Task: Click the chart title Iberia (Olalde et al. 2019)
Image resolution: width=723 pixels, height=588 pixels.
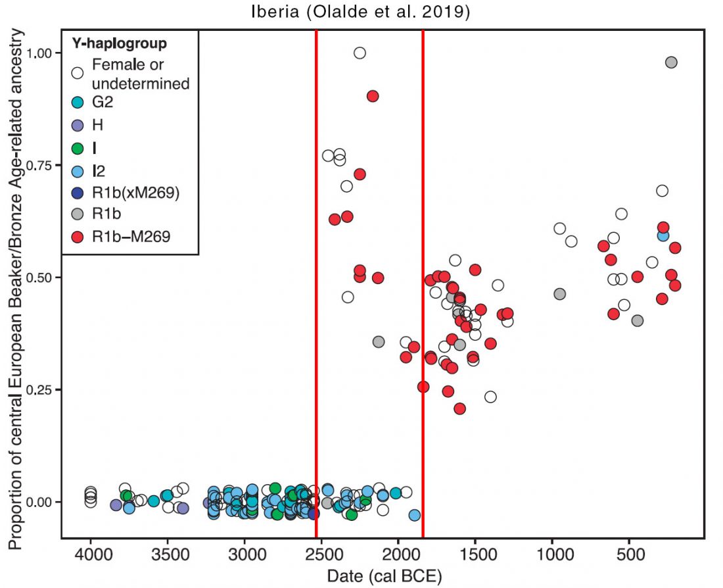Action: tap(361, 12)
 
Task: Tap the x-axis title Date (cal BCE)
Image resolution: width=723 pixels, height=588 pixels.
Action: tap(384, 576)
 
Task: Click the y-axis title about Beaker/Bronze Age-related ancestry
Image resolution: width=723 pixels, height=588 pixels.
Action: tap(16, 289)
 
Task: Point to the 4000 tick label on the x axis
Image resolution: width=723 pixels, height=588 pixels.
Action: tap(91, 553)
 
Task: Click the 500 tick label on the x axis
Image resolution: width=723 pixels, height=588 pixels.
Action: tap(630, 553)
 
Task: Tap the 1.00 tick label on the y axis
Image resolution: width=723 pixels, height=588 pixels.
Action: tap(40, 53)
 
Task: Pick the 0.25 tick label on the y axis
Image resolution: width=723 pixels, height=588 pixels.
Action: tap(40, 389)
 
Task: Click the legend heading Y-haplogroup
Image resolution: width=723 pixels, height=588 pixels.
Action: tap(119, 43)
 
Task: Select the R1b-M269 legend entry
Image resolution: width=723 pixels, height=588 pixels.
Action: tap(122, 237)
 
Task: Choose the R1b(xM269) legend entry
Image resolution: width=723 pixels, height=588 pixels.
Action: tap(126, 192)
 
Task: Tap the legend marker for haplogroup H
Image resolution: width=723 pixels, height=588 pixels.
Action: tap(78, 125)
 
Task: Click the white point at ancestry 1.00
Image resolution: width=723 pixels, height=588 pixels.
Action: tap(360, 53)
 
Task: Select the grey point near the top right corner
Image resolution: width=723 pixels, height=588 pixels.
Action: tap(671, 62)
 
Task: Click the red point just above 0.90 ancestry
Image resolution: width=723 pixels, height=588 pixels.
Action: tap(373, 96)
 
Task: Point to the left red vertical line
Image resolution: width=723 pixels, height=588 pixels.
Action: tap(316, 284)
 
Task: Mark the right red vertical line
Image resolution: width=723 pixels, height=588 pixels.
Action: tap(423, 284)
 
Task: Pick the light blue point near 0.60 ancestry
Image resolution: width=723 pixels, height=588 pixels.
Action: tap(663, 235)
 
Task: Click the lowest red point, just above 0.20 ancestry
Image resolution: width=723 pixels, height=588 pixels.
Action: tap(459, 408)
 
